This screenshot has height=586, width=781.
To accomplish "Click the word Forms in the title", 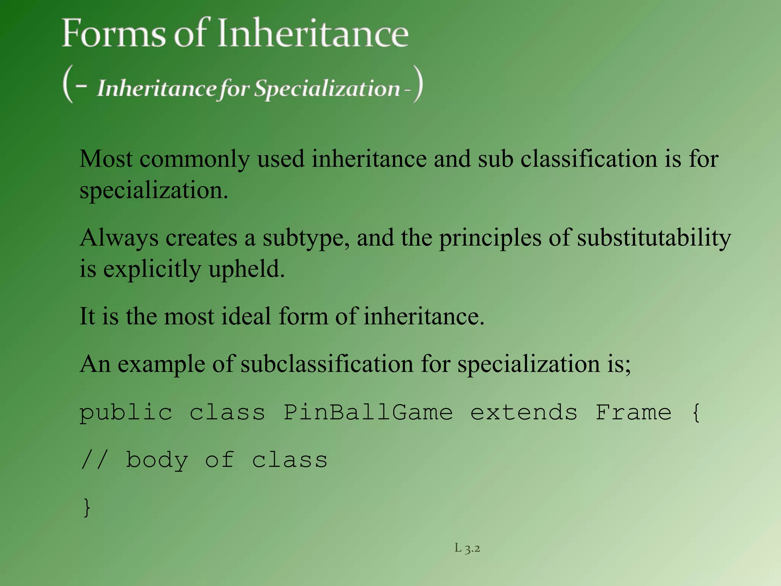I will coord(114,34).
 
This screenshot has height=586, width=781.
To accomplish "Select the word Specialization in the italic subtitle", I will coord(327,89).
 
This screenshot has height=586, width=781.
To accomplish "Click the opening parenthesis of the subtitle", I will coord(68,84).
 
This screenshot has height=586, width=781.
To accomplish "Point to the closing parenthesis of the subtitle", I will coord(418,84).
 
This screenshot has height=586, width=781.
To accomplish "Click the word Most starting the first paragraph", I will coord(106,159).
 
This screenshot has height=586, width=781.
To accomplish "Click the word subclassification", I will coord(327,364).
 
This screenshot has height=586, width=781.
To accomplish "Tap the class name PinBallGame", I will coord(368,413).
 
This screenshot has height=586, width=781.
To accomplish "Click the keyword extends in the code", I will coord(524,413).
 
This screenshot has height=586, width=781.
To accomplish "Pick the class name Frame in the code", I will coord(633,413).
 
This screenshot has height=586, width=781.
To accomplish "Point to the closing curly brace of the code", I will coord(87,507).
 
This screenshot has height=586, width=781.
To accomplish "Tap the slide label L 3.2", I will coord(467,549).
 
